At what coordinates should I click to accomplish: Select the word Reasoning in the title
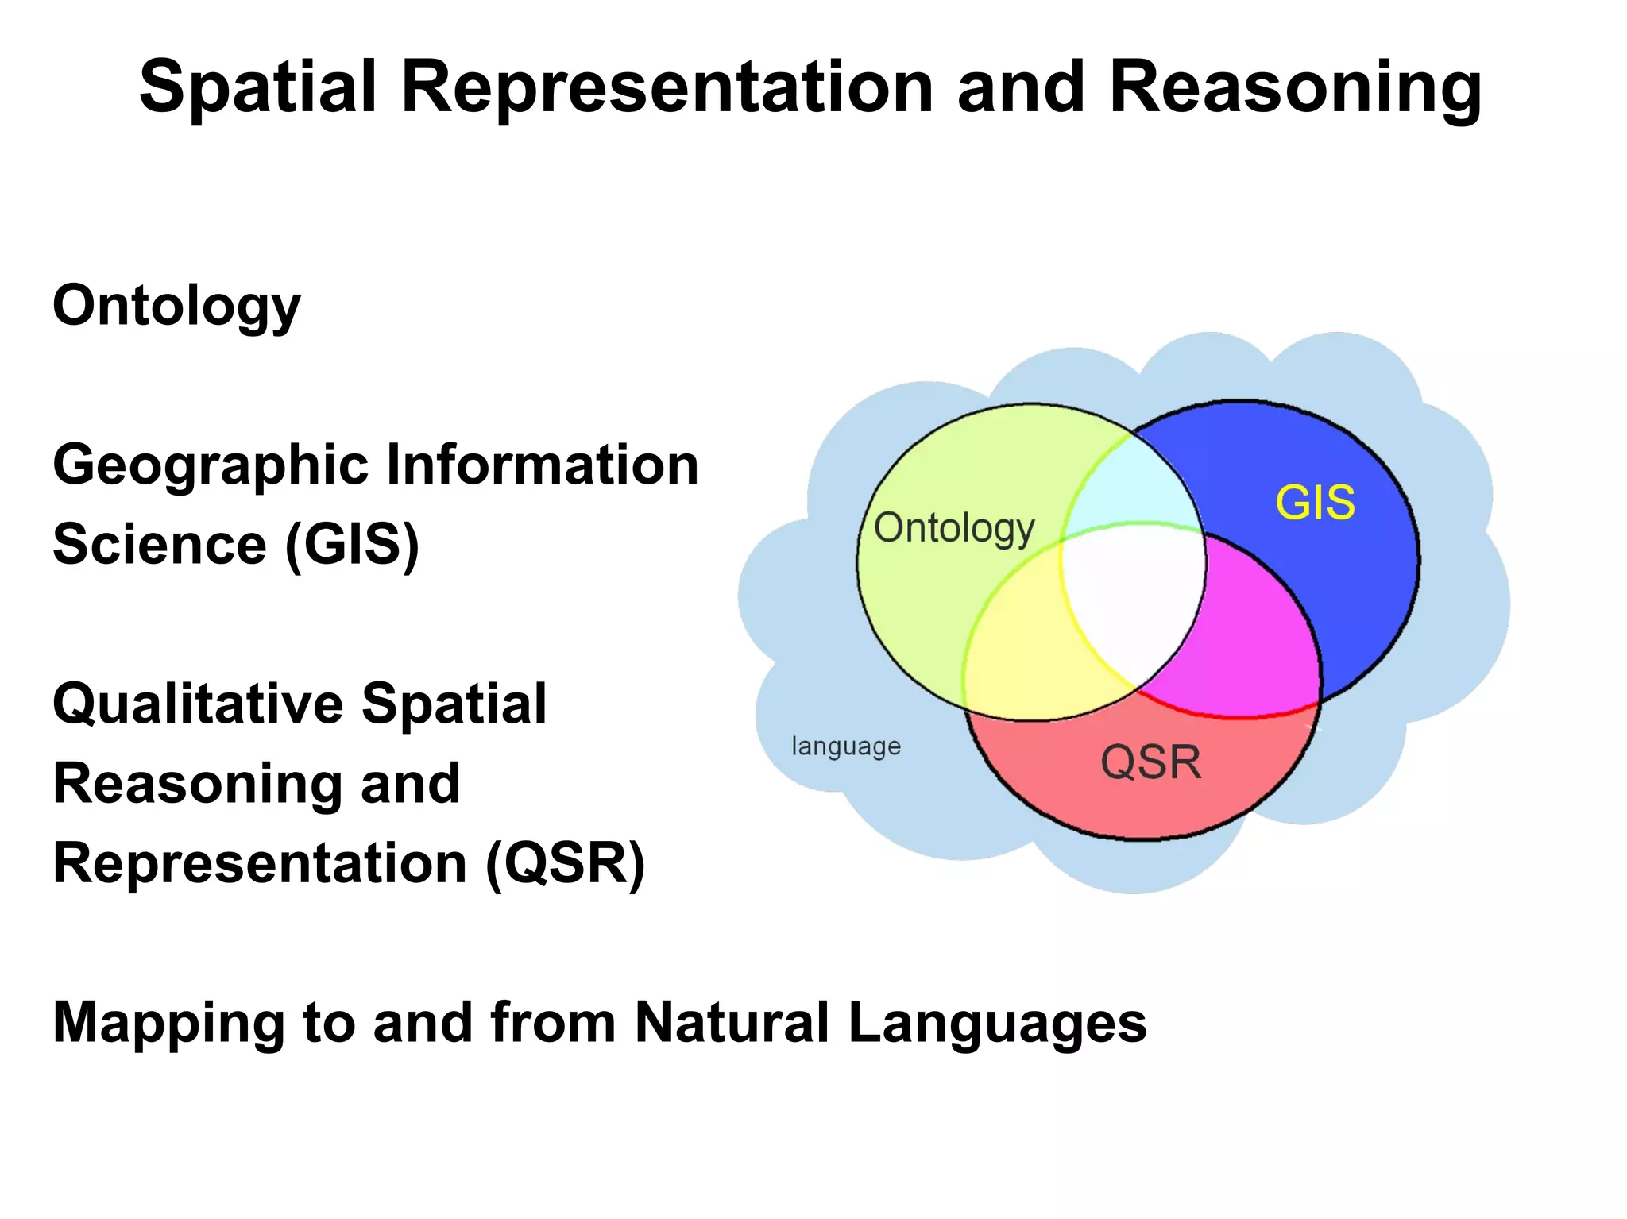tap(1294, 89)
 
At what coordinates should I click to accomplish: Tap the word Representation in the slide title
tap(667, 87)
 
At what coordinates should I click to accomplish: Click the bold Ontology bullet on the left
tap(176, 307)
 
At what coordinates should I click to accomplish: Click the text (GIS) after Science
tap(351, 546)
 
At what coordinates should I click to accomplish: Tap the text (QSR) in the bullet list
tap(565, 864)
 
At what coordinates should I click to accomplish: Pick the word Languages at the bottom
tap(997, 1023)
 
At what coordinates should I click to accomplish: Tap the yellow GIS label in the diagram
tap(1315, 503)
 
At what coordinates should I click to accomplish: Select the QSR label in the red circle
tap(1150, 762)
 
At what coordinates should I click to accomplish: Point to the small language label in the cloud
tap(845, 746)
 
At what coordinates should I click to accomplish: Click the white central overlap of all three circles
tap(1132, 596)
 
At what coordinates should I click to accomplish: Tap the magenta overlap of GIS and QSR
tap(1255, 635)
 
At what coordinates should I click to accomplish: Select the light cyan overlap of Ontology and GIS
tap(1132, 484)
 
